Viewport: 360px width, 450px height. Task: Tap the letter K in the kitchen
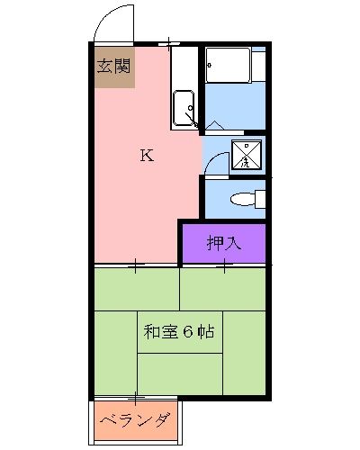coord(146,155)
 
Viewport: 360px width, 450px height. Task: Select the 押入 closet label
coord(223,242)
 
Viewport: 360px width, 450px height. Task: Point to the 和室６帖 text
coord(177,331)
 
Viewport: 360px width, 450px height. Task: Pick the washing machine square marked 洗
coord(246,156)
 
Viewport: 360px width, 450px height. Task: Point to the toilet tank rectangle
coord(260,199)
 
